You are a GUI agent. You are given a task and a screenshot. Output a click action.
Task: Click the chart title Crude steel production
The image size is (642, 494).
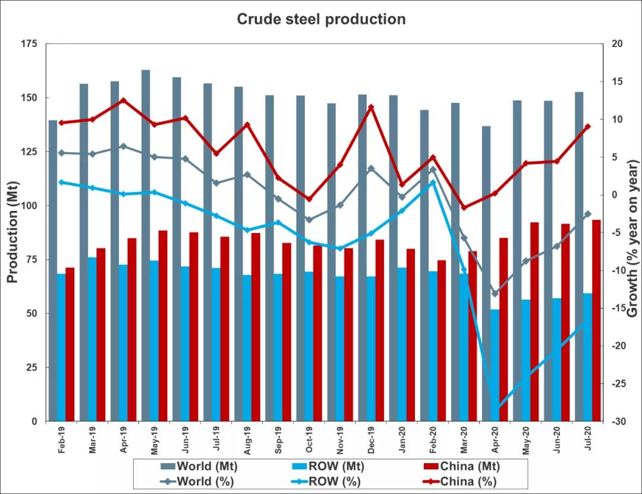click(321, 19)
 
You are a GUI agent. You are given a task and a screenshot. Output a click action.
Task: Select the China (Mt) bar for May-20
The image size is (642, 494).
click(534, 321)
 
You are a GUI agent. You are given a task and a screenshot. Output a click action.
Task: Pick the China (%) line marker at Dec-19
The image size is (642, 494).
click(371, 108)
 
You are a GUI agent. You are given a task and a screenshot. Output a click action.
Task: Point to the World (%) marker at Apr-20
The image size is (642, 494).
click(495, 294)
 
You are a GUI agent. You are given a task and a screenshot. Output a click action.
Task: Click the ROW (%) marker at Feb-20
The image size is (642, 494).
click(433, 183)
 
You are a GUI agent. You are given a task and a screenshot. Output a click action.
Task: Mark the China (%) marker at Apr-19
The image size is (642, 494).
click(123, 100)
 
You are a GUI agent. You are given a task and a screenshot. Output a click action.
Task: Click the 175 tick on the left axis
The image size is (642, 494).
click(29, 44)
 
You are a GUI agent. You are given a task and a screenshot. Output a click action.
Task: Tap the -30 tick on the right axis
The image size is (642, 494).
click(617, 421)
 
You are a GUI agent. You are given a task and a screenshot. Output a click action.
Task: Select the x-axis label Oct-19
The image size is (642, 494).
click(309, 440)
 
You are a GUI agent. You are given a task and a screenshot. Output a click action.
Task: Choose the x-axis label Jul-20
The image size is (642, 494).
click(587, 440)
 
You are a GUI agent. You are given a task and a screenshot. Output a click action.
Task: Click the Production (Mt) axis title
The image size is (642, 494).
click(12, 232)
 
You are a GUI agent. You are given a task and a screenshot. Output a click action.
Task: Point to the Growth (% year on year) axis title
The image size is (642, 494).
click(632, 232)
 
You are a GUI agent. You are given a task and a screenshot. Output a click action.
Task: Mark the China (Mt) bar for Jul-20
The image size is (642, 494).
click(596, 320)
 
